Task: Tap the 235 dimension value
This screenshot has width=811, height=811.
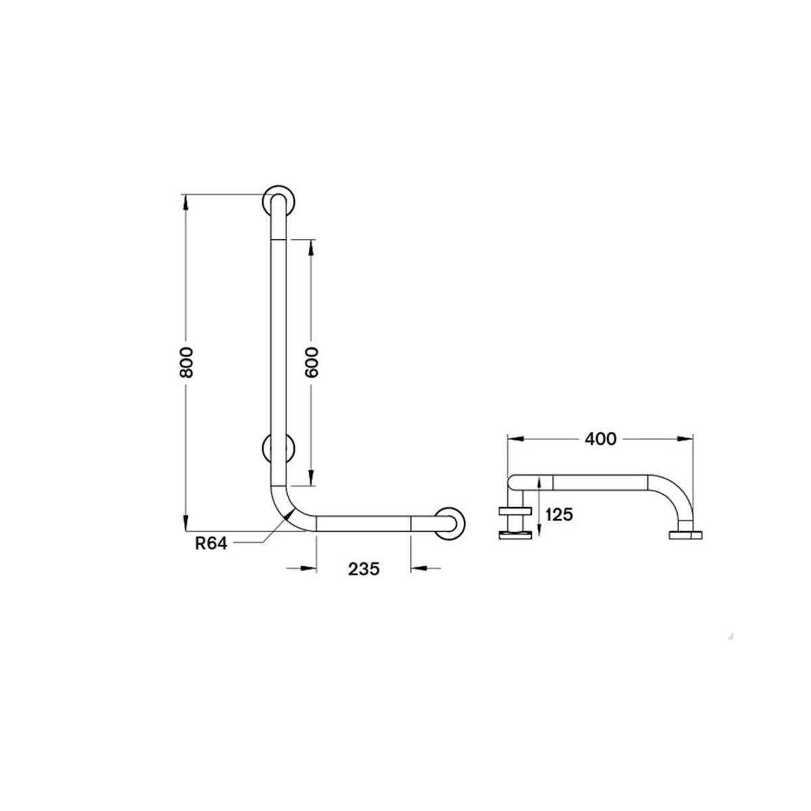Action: click(364, 570)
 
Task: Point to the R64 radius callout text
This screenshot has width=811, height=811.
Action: click(211, 544)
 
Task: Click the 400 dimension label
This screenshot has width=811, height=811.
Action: click(601, 439)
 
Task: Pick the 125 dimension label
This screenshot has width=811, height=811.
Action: click(559, 515)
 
